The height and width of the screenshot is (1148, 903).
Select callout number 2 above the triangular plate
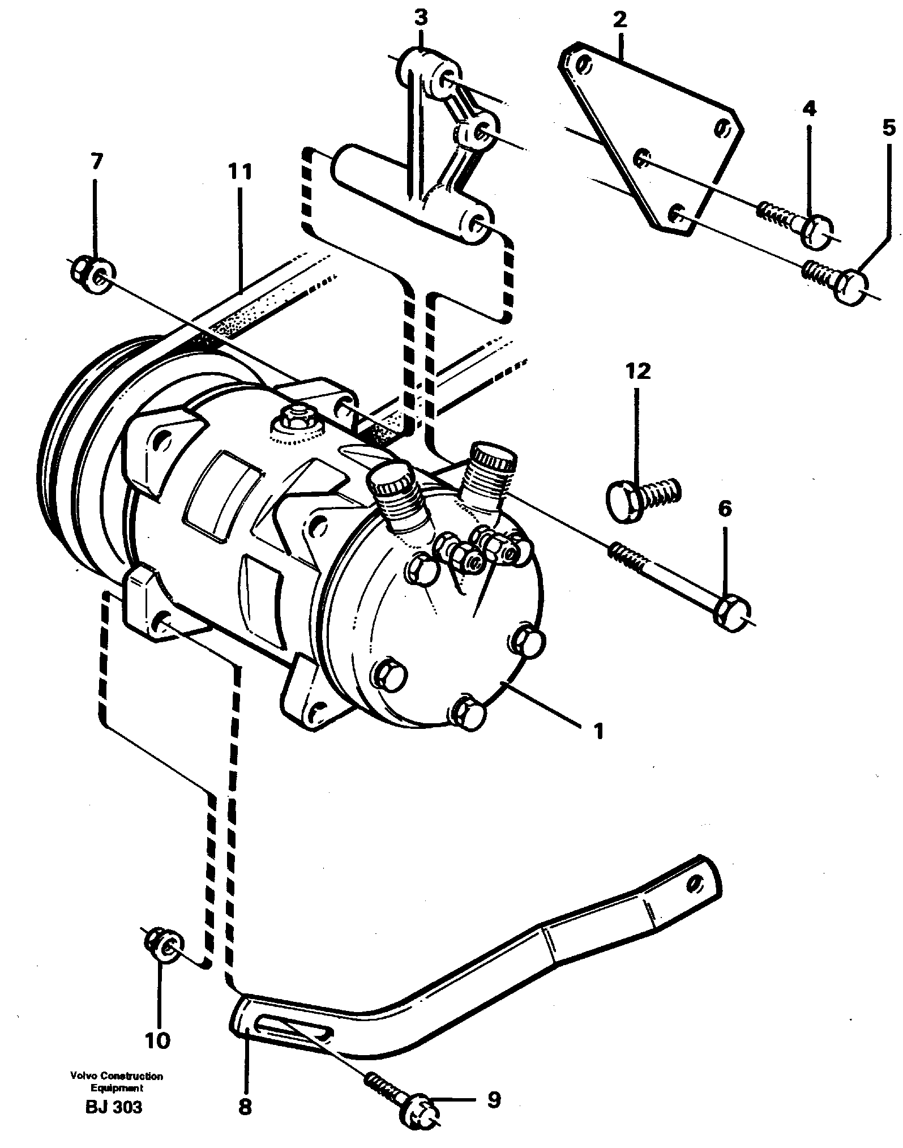[620, 20]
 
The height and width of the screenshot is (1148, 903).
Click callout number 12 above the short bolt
[638, 372]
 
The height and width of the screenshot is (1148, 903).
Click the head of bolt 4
[815, 232]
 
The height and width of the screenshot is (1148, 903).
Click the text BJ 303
[114, 1107]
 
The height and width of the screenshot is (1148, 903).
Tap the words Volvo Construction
[117, 1076]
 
